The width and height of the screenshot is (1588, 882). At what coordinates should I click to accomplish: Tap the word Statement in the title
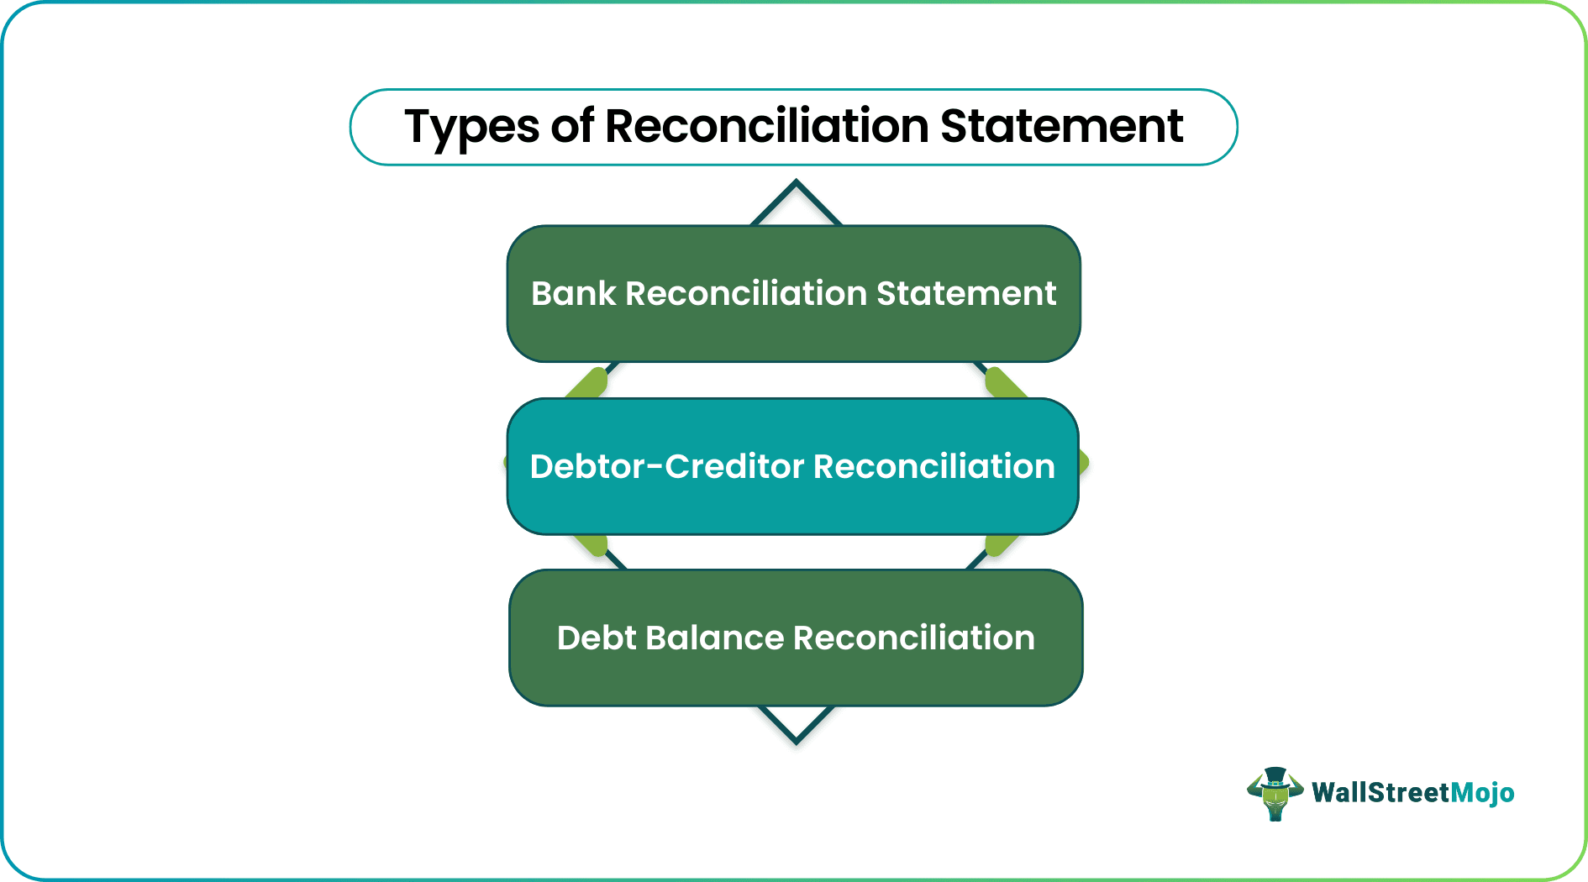pyautogui.click(x=1061, y=126)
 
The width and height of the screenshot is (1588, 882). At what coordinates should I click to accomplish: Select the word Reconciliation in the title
pyautogui.click(x=766, y=126)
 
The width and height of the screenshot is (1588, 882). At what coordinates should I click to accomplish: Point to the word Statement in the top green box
pyautogui.click(x=965, y=294)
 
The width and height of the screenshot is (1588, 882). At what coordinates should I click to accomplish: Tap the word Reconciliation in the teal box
pyautogui.click(x=933, y=467)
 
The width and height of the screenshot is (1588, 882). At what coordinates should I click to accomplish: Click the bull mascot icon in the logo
pyautogui.click(x=1275, y=793)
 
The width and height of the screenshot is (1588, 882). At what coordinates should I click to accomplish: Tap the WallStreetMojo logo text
pyautogui.click(x=1412, y=793)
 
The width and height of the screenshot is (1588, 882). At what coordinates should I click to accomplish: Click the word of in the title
pyautogui.click(x=572, y=126)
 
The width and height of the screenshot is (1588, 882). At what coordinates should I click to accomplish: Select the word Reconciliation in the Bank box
pyautogui.click(x=746, y=294)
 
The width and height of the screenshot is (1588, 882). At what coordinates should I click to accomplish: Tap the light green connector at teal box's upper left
pyautogui.click(x=587, y=383)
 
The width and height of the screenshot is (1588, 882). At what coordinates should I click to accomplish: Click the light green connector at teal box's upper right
pyautogui.click(x=1004, y=383)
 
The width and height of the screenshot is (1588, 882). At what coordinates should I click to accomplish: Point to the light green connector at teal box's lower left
pyautogui.click(x=591, y=544)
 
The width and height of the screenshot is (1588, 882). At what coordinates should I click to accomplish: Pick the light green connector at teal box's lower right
pyautogui.click(x=1001, y=544)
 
